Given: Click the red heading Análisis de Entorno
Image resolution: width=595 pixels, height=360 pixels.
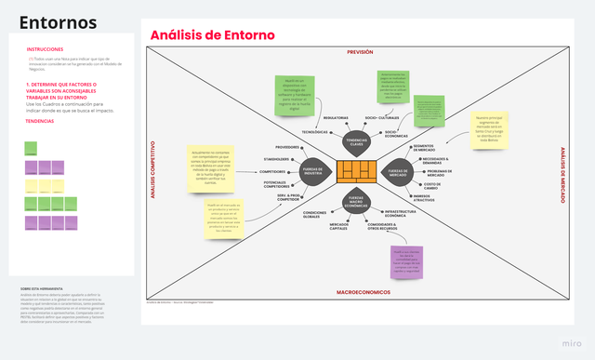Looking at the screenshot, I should point(213,34).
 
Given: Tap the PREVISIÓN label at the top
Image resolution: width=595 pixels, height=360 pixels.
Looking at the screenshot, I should point(359,53).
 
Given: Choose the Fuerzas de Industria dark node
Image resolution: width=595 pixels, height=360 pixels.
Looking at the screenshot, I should point(312,172).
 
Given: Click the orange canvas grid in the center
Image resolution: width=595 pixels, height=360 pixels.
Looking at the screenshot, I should point(357,172).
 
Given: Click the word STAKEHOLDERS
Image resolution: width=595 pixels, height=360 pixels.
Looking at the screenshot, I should point(276,159).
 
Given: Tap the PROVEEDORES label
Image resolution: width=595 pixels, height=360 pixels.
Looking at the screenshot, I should point(287,147).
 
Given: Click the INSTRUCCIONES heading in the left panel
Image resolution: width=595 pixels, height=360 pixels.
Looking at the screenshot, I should point(46,48).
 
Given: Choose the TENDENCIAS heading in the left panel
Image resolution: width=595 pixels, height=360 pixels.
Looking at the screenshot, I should point(39,121).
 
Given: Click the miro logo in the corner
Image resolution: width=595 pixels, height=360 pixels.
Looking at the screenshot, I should point(574,342).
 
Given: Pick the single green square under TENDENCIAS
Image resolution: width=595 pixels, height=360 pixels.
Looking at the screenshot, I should point(31,147).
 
